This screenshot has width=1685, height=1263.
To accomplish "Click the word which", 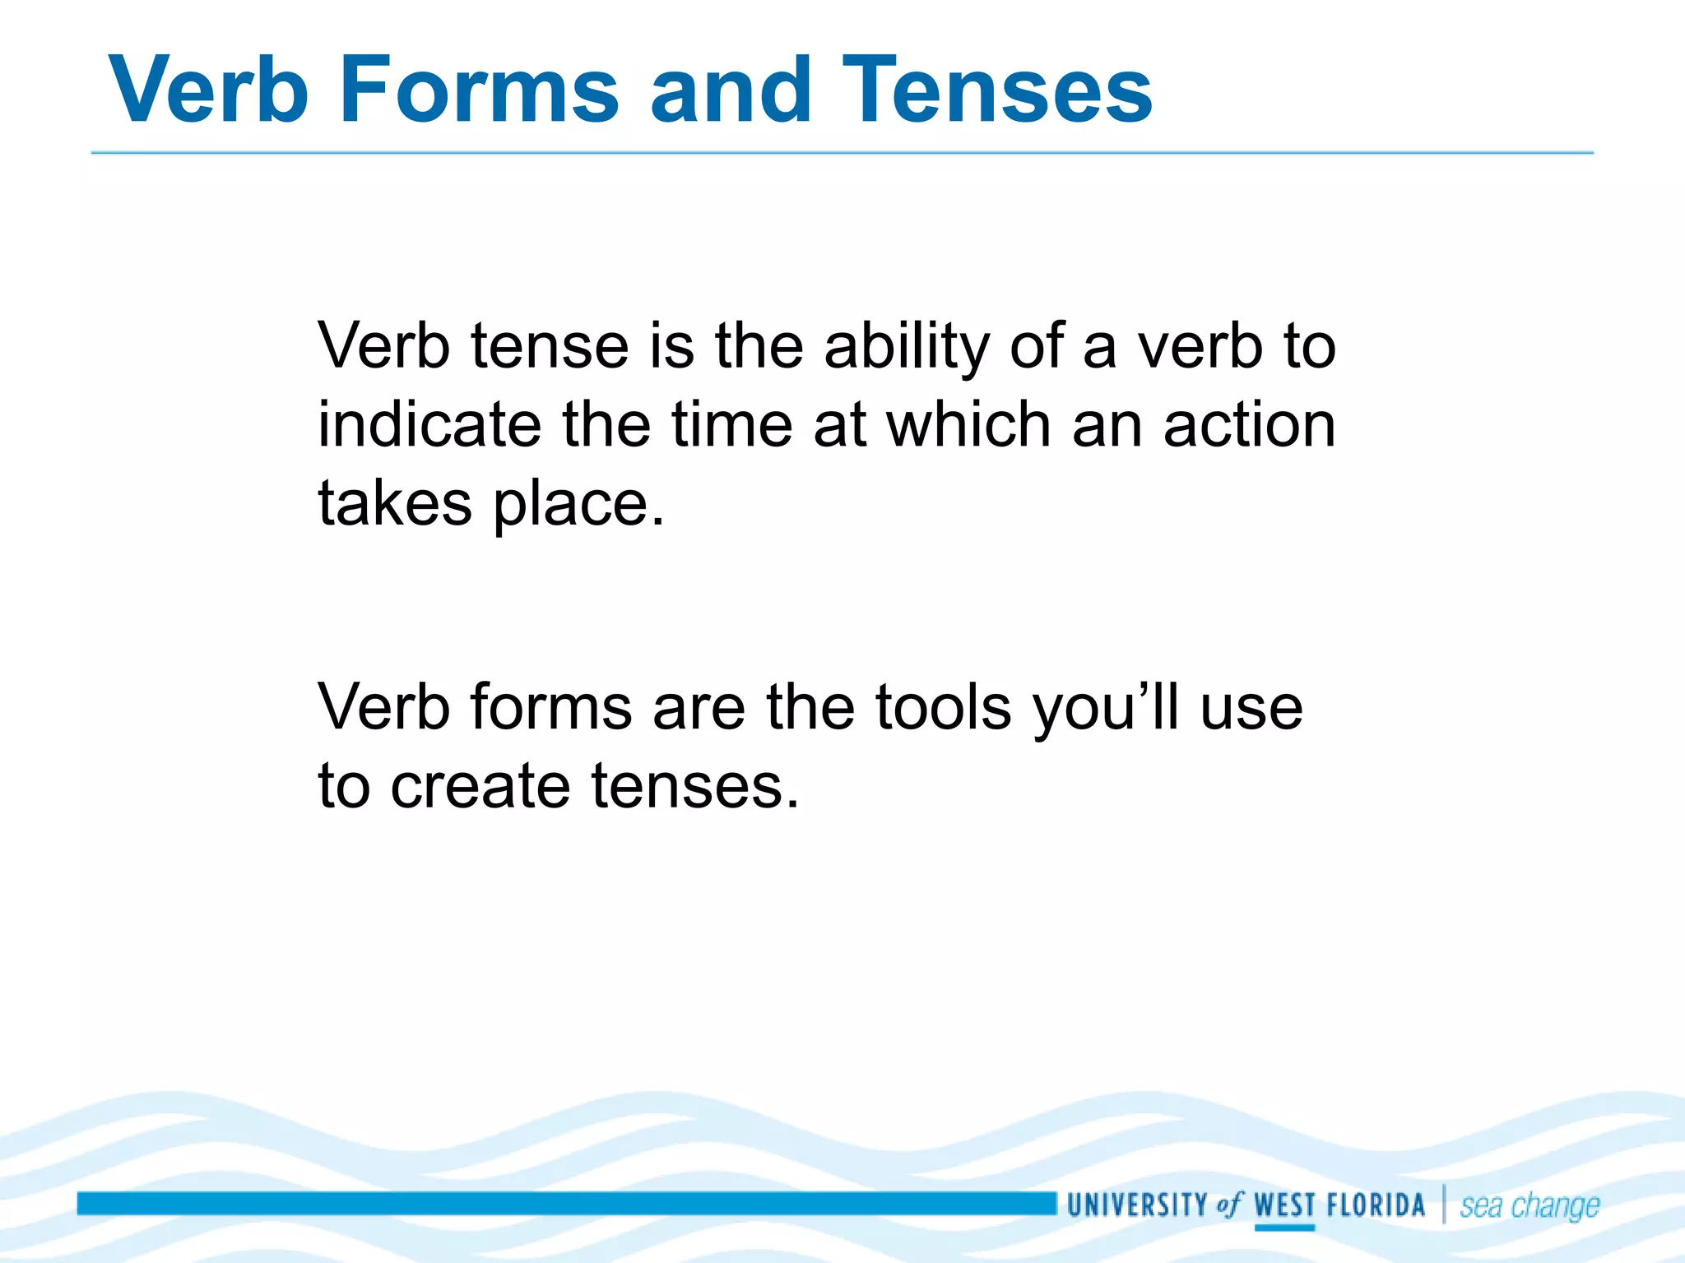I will (x=968, y=425).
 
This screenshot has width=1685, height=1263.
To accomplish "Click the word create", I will (x=480, y=785).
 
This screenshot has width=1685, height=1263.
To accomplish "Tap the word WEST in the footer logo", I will (x=1284, y=1205).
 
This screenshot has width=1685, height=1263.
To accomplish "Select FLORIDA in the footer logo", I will (x=1376, y=1205).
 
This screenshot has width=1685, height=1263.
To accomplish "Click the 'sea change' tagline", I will (x=1529, y=1206).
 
